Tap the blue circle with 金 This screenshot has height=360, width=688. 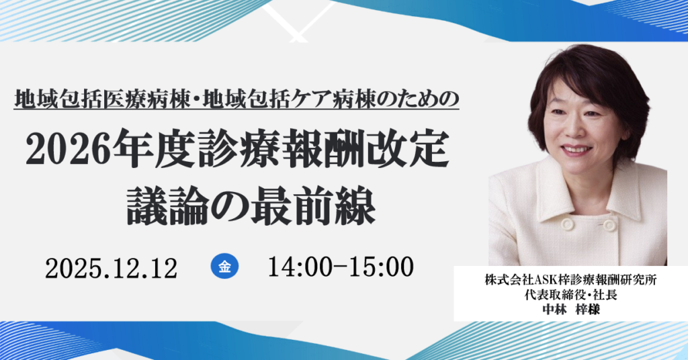coord(224,267)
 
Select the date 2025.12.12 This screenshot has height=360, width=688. coord(111,268)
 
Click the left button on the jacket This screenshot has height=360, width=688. coord(568,224)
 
